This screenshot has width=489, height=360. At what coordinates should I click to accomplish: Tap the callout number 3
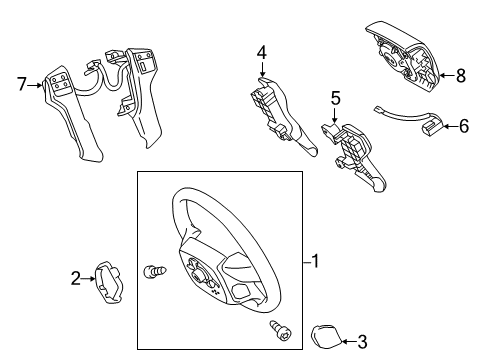tap(363, 342)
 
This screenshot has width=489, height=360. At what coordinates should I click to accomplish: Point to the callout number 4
tap(260, 53)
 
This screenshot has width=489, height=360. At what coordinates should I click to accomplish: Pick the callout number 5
tap(336, 99)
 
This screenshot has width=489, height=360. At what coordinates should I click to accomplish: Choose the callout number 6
tap(464, 126)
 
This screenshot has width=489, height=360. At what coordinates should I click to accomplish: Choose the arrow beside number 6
tap(448, 126)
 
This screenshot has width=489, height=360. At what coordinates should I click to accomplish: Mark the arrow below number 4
tap(261, 72)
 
